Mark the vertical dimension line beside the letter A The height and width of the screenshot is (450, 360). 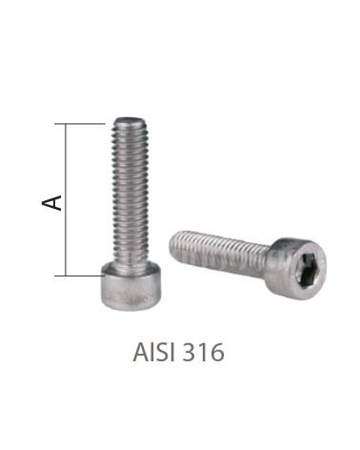click(66, 238)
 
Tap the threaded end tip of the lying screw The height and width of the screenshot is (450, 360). click(175, 241)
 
